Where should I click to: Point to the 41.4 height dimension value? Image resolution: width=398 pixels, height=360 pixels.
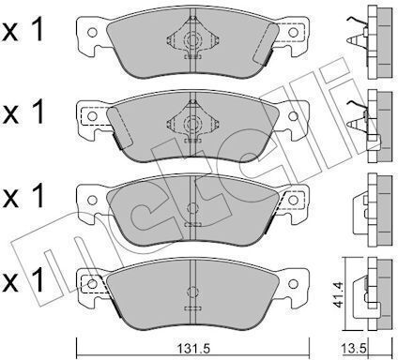[338, 294]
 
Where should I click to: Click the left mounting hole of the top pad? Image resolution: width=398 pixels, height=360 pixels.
[92, 32]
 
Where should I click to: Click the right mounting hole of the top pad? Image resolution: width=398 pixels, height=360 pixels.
[293, 32]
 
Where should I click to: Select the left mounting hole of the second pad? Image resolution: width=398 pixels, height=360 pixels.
[92, 116]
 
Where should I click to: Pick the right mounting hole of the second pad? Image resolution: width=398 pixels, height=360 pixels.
[293, 116]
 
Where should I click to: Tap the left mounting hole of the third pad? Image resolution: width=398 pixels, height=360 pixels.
[92, 200]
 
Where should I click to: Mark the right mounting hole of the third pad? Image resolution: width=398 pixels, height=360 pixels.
[293, 200]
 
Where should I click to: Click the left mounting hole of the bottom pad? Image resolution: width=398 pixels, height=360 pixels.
[92, 284]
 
